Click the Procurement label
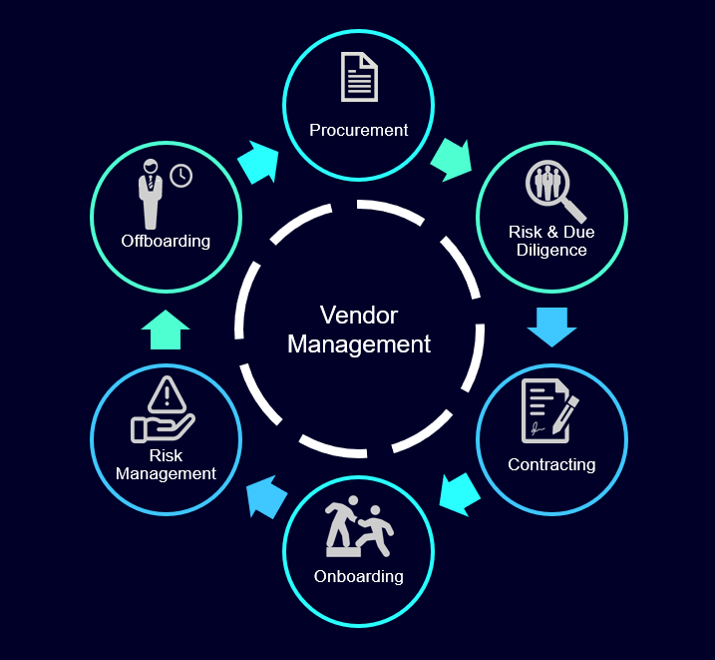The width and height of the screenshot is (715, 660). (x=358, y=130)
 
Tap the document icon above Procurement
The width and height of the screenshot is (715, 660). (x=359, y=78)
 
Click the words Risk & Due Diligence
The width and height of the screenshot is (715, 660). (x=551, y=241)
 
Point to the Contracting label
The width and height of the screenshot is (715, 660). (x=551, y=464)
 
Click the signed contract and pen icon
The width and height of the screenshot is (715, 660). (x=549, y=410)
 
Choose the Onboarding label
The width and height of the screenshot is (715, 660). (x=358, y=576)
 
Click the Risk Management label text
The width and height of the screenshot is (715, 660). (x=166, y=464)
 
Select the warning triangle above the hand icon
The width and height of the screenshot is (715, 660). (x=167, y=395)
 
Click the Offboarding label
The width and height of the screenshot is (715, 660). (x=166, y=241)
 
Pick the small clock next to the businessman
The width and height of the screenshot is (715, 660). (x=180, y=176)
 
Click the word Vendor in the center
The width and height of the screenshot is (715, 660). (x=359, y=316)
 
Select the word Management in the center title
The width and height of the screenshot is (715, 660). (x=359, y=344)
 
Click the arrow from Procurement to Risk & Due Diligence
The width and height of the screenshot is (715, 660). (x=452, y=160)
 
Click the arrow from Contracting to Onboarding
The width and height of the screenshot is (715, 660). (x=460, y=493)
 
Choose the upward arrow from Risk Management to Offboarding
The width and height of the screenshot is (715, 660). (x=166, y=330)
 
